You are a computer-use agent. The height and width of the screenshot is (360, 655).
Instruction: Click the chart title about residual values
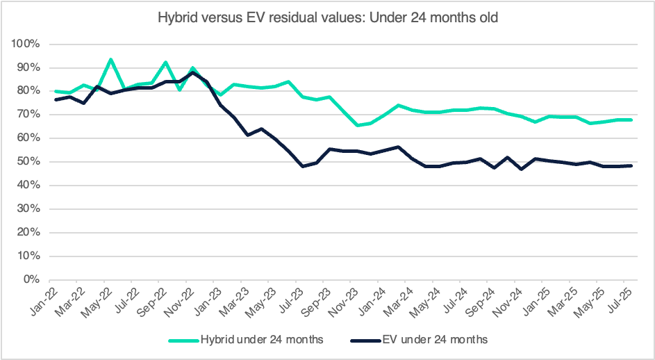coord(327,17)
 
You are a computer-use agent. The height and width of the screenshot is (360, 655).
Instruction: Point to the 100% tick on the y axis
coord(28,44)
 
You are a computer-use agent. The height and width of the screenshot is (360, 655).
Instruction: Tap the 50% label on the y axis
coord(30,162)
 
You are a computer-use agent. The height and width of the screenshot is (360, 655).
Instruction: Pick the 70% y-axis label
coord(30,115)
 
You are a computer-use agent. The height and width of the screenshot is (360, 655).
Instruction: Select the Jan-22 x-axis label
coord(48,301)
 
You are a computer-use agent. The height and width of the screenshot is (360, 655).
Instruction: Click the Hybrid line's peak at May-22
coord(110,60)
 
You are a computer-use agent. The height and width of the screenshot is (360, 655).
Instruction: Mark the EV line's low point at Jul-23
coord(302,166)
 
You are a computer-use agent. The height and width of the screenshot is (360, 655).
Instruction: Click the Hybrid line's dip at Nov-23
coord(357,125)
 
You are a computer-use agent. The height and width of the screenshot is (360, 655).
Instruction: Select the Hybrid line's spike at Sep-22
coord(165,62)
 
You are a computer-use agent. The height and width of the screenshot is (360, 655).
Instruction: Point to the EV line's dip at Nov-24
coord(520,169)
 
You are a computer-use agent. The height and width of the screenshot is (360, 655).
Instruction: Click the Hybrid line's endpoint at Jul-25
coord(630,120)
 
